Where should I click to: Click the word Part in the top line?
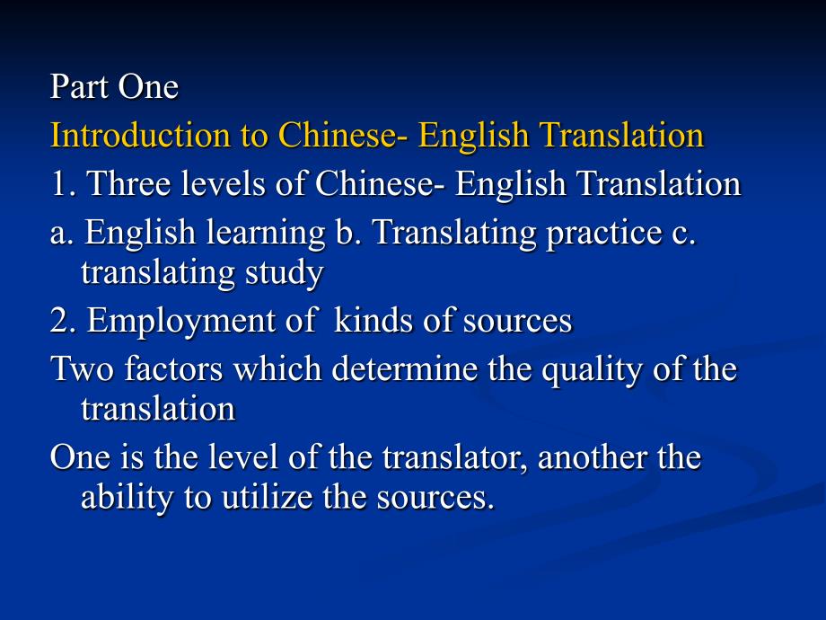tap(79, 86)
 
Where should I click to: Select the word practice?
tap(604, 233)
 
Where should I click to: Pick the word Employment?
tap(180, 322)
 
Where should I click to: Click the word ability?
tap(127, 498)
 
